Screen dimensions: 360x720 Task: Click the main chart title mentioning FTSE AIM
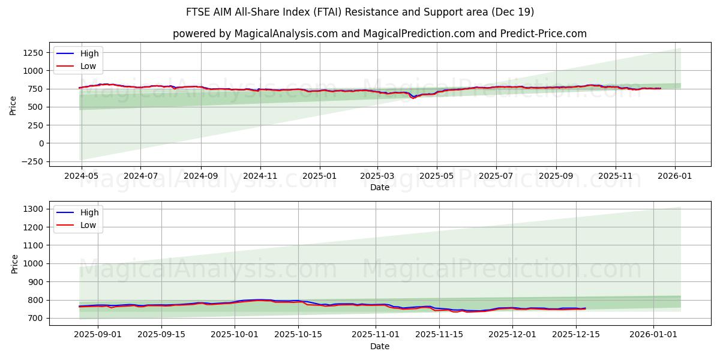[x=360, y=12]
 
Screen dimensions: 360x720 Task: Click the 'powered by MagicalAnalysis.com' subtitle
[x=379, y=34]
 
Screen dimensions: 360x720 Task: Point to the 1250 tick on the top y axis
[x=33, y=53]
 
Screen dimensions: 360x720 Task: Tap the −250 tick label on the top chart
[x=31, y=161]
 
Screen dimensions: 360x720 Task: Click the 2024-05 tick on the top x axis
[x=81, y=176]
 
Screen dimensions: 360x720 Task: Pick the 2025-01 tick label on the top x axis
[x=319, y=176]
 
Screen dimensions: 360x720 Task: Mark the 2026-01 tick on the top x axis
[x=675, y=176]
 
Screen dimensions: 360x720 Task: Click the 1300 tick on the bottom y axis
[x=33, y=209]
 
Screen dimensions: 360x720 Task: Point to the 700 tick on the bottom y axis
[x=35, y=318]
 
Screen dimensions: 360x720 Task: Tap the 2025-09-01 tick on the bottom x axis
[x=97, y=334]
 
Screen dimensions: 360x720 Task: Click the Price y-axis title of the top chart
[x=13, y=105]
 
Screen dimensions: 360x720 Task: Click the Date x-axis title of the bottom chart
[x=379, y=346]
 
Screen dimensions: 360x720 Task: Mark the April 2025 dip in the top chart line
[x=413, y=97]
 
